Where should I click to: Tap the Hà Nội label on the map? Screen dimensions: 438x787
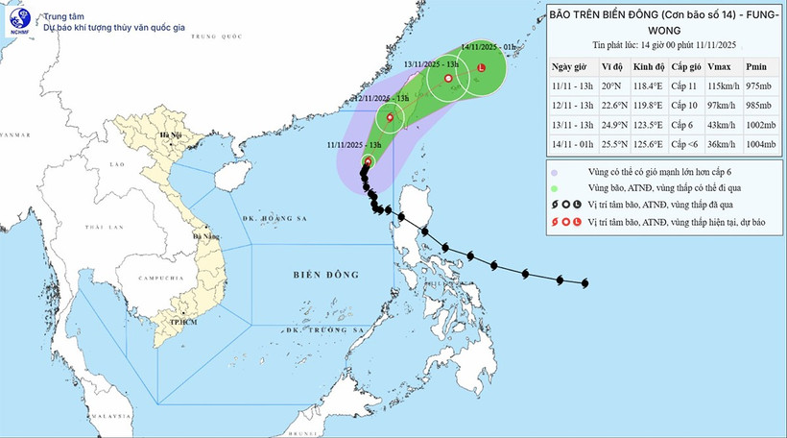(x=171, y=136)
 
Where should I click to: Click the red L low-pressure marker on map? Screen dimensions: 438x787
(x=482, y=68)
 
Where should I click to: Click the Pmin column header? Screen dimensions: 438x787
(x=755, y=65)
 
